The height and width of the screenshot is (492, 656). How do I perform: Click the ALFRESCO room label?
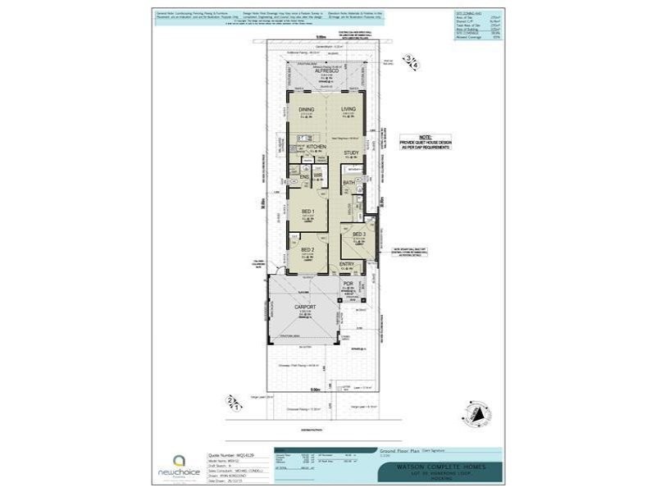click(327, 71)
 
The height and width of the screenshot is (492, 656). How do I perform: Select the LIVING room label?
click(348, 108)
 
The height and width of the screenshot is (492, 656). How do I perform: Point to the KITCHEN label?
click(317, 147)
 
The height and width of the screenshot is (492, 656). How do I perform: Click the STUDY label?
click(351, 153)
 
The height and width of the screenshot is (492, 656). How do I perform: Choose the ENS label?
click(303, 176)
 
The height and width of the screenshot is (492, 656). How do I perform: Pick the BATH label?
click(348, 183)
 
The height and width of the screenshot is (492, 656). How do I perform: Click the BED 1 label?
click(307, 212)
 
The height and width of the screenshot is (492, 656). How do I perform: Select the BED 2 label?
click(307, 249)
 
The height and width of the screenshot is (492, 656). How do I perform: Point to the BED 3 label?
click(358, 235)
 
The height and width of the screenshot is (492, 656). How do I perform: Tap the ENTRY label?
click(347, 264)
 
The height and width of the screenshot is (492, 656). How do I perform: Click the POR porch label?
click(347, 285)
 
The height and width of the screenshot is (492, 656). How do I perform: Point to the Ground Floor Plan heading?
click(398, 450)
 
